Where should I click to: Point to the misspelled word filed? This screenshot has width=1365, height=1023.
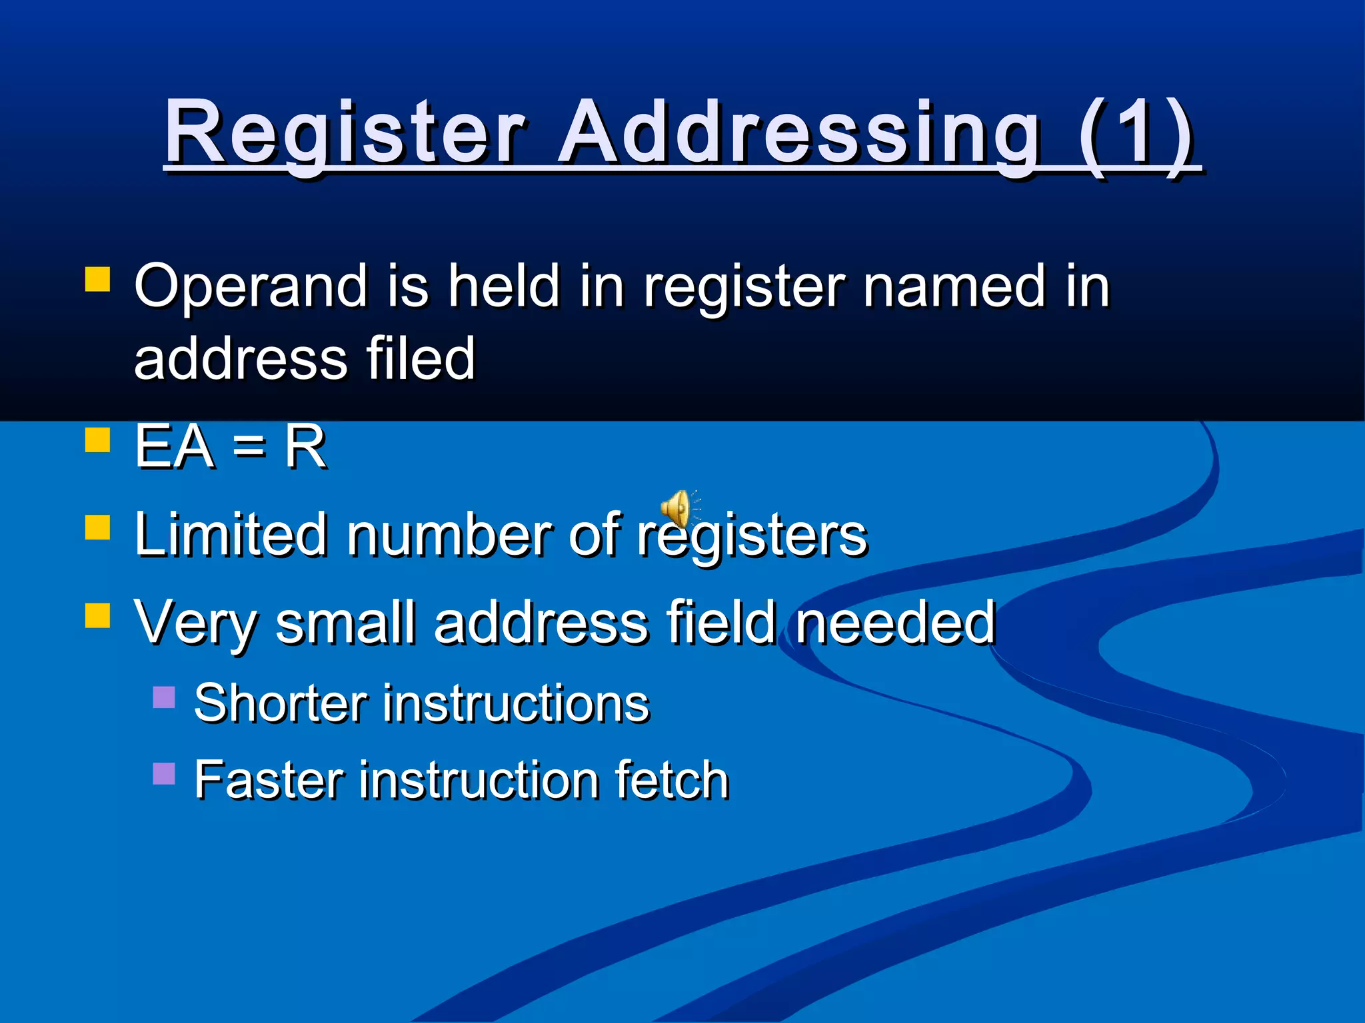(421, 359)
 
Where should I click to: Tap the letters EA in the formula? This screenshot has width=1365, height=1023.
(175, 447)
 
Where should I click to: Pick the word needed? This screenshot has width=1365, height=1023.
(895, 623)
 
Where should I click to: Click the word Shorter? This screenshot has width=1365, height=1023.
(281, 703)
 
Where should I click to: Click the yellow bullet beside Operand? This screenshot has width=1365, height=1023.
(97, 280)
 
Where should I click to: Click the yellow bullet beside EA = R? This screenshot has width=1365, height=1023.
(97, 440)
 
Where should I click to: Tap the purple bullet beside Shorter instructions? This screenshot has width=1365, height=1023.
(164, 697)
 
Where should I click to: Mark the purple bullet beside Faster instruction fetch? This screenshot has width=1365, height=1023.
(164, 773)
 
